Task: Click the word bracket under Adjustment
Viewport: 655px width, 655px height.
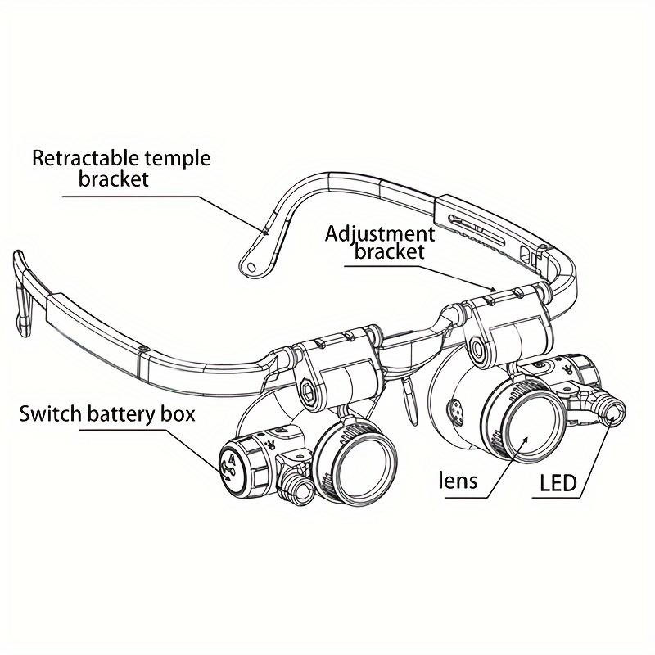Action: point(389,251)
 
